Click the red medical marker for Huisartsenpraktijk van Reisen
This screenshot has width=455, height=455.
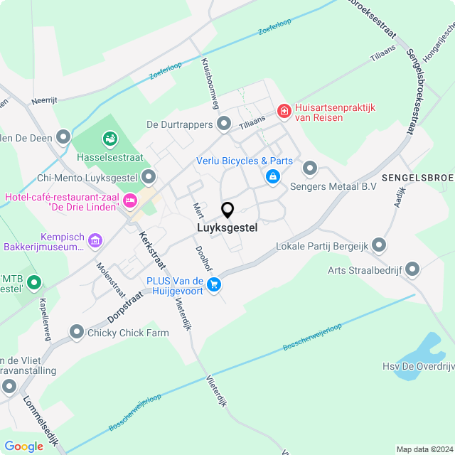[284, 110]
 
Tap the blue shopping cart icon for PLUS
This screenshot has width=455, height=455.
[214, 285]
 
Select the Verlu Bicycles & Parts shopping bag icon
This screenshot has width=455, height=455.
[272, 176]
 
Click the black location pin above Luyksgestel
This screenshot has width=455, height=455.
[227, 210]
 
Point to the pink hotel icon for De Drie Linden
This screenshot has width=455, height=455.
[129, 201]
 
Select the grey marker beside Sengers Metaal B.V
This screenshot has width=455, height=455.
[310, 168]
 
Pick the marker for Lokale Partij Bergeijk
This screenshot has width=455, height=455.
[379, 246]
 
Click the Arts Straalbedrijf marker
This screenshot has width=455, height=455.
[412, 269]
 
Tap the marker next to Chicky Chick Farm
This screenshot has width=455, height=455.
[77, 331]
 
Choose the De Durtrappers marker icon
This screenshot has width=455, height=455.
[225, 124]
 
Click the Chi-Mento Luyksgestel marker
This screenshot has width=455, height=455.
[149, 176]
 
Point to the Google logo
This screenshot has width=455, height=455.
[23, 446]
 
